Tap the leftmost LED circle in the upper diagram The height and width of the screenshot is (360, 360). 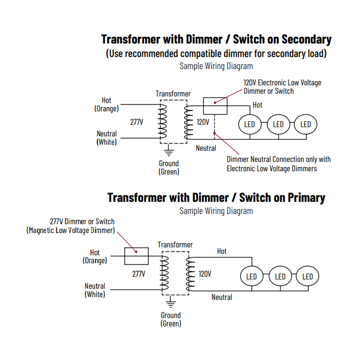click(x=250, y=124)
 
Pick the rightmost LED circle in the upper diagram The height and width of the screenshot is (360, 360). click(x=306, y=124)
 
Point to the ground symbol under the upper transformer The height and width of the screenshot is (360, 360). click(x=169, y=150)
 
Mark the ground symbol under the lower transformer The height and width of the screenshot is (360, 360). click(x=171, y=302)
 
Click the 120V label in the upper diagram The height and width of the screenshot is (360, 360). click(x=203, y=122)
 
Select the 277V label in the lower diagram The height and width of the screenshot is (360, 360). click(x=139, y=274)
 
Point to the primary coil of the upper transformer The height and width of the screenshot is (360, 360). click(x=163, y=121)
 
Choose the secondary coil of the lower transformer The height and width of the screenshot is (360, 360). click(x=190, y=274)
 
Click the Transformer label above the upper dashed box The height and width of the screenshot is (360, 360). click(x=173, y=94)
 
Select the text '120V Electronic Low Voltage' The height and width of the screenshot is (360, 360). click(x=282, y=83)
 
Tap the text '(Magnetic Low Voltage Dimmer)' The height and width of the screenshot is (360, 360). click(x=71, y=230)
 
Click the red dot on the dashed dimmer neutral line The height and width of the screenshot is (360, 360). click(x=215, y=133)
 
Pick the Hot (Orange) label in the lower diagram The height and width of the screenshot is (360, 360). click(x=95, y=256)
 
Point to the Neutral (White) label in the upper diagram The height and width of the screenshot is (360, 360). click(x=107, y=138)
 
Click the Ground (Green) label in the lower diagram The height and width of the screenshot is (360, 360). click(x=171, y=319)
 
